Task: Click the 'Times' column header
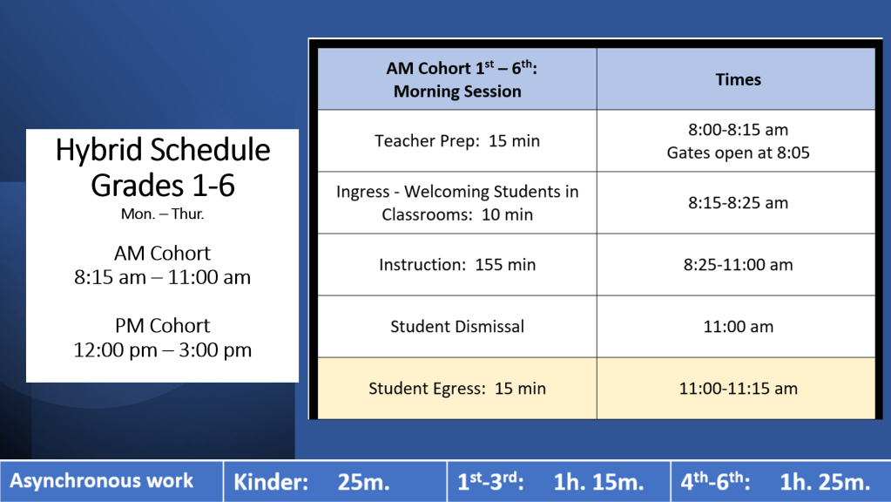click(x=738, y=79)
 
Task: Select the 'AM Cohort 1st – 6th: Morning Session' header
click(x=457, y=79)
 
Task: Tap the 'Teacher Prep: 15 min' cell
click(x=457, y=141)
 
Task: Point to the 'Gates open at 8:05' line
click(x=738, y=153)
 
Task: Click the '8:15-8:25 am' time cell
click(x=738, y=203)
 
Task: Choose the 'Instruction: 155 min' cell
click(x=457, y=265)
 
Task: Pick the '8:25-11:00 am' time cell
click(x=738, y=265)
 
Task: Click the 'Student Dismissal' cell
click(x=457, y=327)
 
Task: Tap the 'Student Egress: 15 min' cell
click(x=457, y=389)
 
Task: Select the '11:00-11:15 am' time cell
click(x=738, y=389)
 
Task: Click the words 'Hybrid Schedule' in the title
click(x=163, y=150)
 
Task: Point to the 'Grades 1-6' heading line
click(x=163, y=186)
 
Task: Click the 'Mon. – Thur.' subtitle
click(x=163, y=214)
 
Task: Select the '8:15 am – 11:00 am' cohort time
click(x=163, y=277)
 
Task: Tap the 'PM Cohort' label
click(x=163, y=326)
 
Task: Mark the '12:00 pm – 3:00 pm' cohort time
click(x=163, y=350)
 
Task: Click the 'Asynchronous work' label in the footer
click(x=102, y=481)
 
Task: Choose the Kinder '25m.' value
click(x=364, y=482)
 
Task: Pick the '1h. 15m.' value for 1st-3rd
click(x=598, y=482)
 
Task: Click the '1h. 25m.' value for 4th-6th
click(x=825, y=482)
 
